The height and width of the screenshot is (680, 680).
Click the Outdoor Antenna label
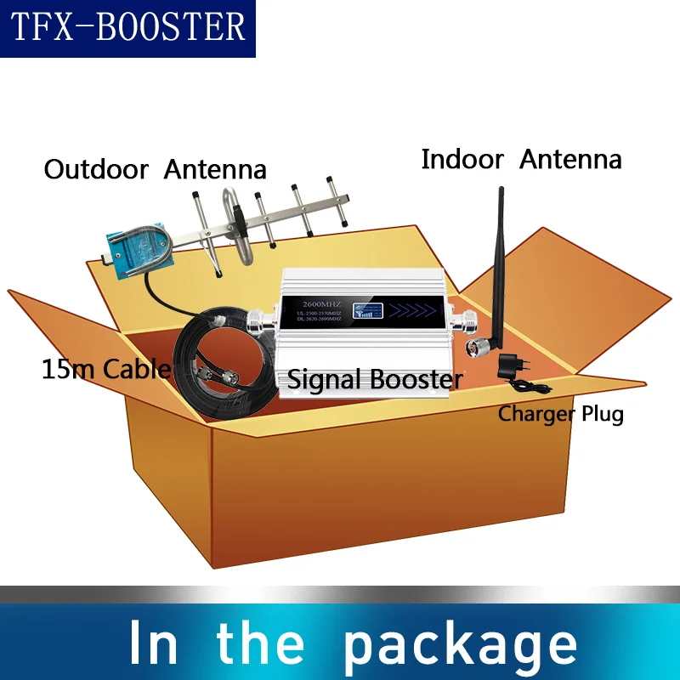click(x=155, y=169)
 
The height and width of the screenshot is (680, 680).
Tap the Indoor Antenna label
click(x=521, y=159)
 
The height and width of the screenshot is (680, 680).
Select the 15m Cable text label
click(x=105, y=369)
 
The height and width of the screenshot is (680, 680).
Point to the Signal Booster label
click(x=375, y=378)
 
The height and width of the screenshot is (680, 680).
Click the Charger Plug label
click(x=561, y=414)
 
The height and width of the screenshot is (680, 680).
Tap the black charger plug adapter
click(x=512, y=368)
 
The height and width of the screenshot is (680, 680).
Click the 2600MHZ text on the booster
click(x=318, y=301)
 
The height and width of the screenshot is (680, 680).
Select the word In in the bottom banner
click(x=154, y=642)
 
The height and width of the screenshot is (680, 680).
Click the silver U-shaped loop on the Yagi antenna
click(x=229, y=223)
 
